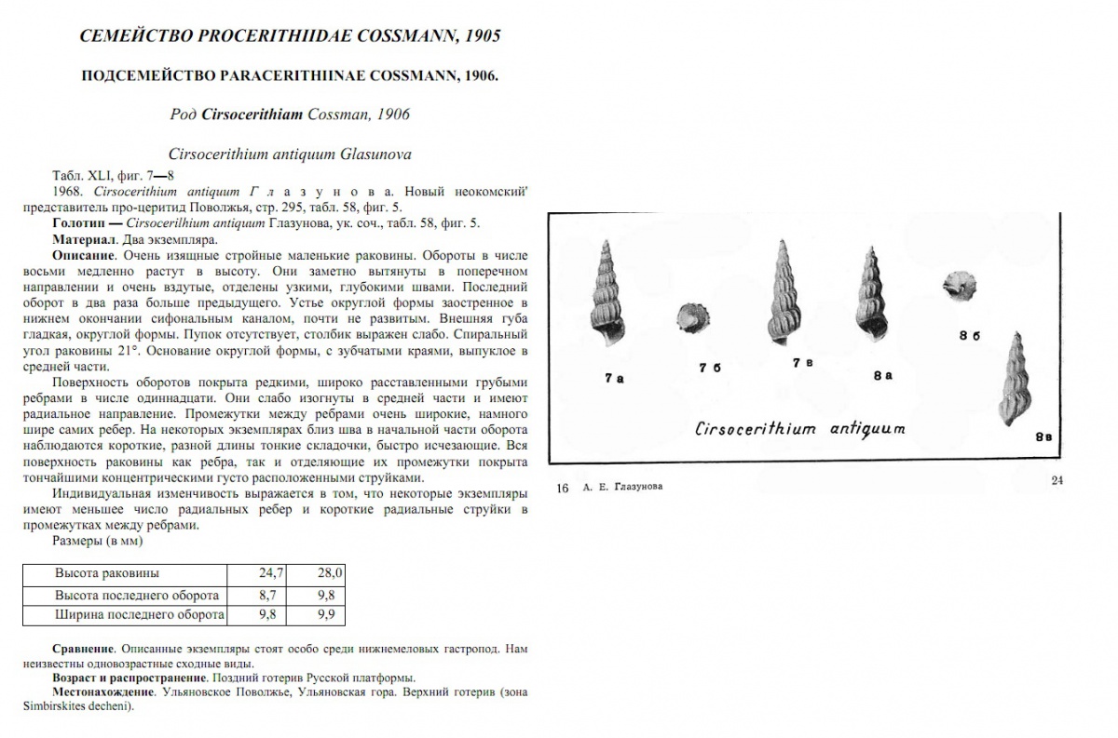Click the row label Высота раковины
(106, 572)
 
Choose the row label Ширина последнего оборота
(138, 615)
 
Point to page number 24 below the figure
(1057, 480)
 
